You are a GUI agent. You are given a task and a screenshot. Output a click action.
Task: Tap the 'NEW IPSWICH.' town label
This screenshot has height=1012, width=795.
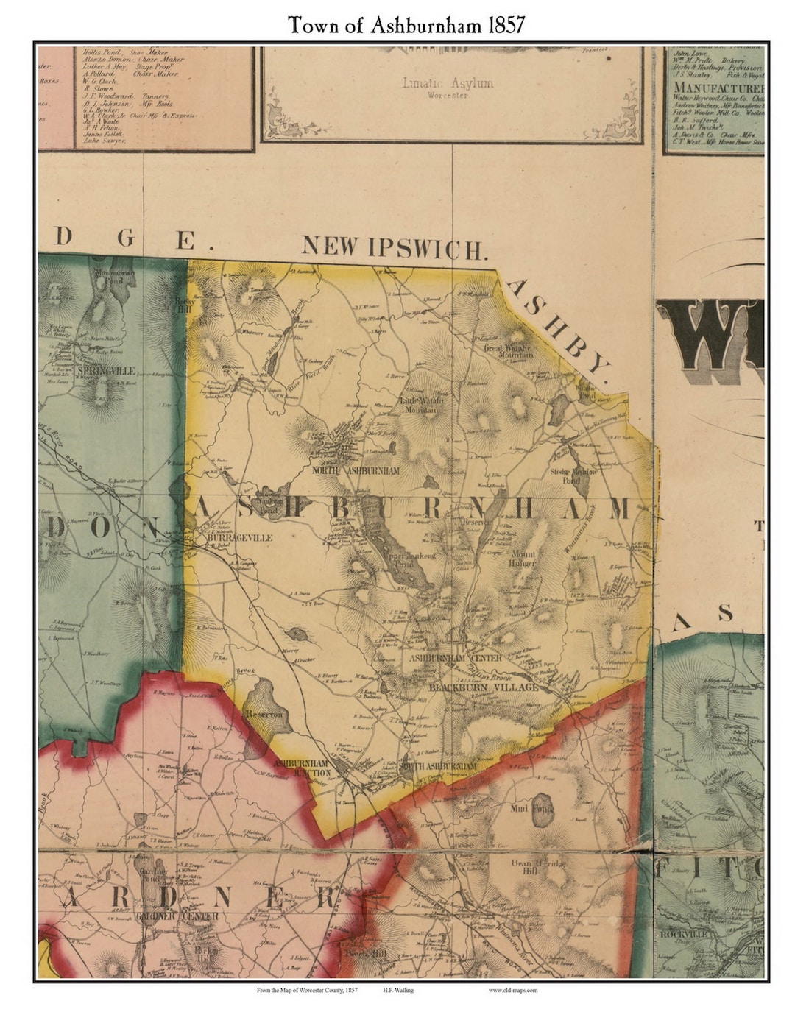(x=395, y=247)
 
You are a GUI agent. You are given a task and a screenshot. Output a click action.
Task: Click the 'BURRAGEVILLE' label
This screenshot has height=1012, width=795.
(x=241, y=538)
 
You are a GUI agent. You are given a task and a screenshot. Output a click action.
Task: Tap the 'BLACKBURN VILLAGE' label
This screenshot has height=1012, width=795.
(x=484, y=687)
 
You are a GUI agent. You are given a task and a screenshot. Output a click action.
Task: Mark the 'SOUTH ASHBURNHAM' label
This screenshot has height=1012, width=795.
(x=438, y=766)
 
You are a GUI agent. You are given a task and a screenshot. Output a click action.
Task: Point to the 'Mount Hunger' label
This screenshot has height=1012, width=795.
(x=523, y=558)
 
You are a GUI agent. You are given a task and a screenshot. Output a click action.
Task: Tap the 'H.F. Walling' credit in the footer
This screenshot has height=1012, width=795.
(x=398, y=991)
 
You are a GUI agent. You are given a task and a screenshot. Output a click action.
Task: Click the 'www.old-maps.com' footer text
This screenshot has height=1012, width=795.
(x=512, y=991)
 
